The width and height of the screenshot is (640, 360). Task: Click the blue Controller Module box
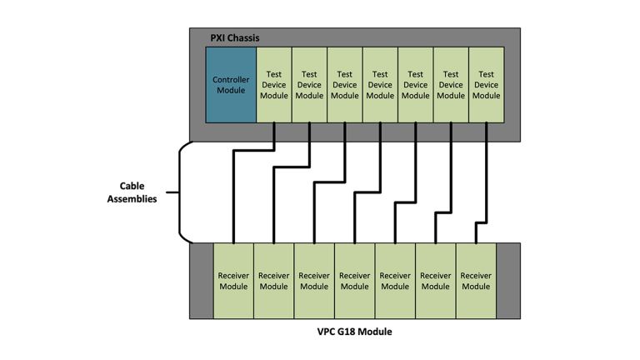(x=231, y=85)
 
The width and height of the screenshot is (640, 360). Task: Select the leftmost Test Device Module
(x=273, y=85)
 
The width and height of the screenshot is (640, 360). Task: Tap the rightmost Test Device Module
(x=487, y=85)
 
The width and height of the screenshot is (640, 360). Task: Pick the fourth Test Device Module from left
(x=380, y=85)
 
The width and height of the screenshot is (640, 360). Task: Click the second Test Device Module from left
(x=309, y=85)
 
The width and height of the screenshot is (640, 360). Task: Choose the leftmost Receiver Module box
(x=233, y=281)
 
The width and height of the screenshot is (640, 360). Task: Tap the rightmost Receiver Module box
(x=476, y=281)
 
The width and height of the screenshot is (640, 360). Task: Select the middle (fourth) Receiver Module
(x=354, y=281)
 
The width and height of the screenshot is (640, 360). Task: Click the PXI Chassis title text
(x=235, y=37)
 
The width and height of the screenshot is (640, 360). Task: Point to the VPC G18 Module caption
(x=354, y=331)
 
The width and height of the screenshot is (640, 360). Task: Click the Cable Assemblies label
(x=135, y=193)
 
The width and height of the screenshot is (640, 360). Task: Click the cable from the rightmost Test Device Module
(x=487, y=175)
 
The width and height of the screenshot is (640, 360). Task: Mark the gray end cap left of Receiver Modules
(x=202, y=281)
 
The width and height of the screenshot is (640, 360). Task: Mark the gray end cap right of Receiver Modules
(x=507, y=281)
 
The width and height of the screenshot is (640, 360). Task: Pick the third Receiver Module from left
(x=314, y=281)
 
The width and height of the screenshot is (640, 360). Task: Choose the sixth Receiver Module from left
(x=435, y=281)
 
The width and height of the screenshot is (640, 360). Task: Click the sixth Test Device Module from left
(x=451, y=85)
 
